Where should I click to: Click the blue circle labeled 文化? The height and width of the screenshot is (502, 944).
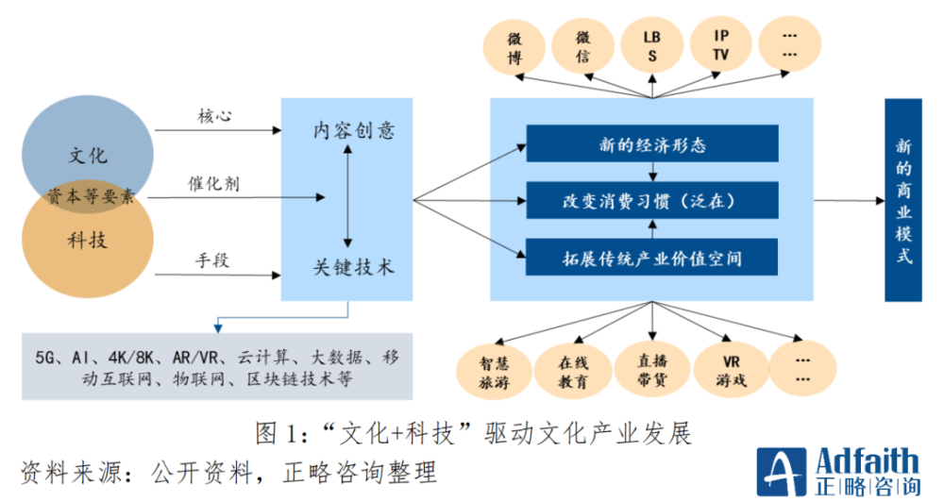point(90,142)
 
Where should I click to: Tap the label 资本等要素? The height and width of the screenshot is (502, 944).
point(91,196)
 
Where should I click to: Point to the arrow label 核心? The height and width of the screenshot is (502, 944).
point(214,116)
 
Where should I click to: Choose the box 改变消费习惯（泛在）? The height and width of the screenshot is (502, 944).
point(652,201)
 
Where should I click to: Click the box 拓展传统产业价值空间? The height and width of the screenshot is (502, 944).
point(652,256)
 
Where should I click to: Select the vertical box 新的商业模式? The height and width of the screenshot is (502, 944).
point(903,200)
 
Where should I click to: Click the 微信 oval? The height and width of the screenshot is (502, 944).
point(583,47)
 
